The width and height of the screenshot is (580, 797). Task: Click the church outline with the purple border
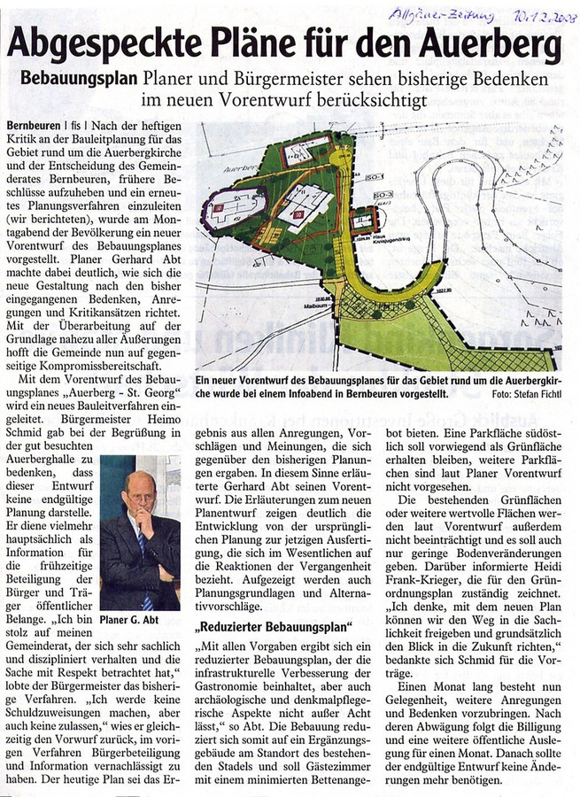pos(234,211)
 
